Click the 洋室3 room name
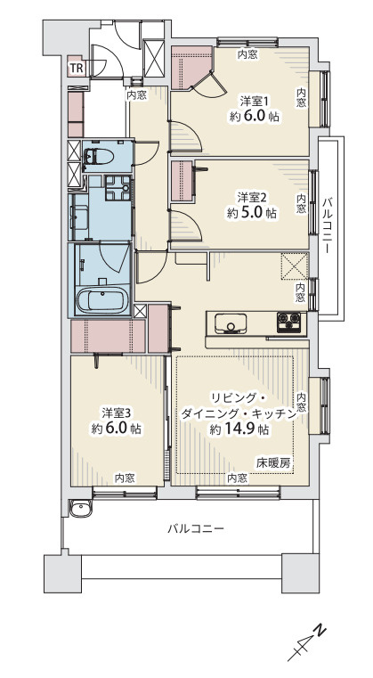pos(117,413)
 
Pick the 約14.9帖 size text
pos(239,429)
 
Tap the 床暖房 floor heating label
pos(273,462)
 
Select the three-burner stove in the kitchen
pos(290,322)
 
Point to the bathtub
pos(103,300)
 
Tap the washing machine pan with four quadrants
pos(115,188)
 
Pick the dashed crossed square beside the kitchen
pos(293,266)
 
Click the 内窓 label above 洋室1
pos(247,55)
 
